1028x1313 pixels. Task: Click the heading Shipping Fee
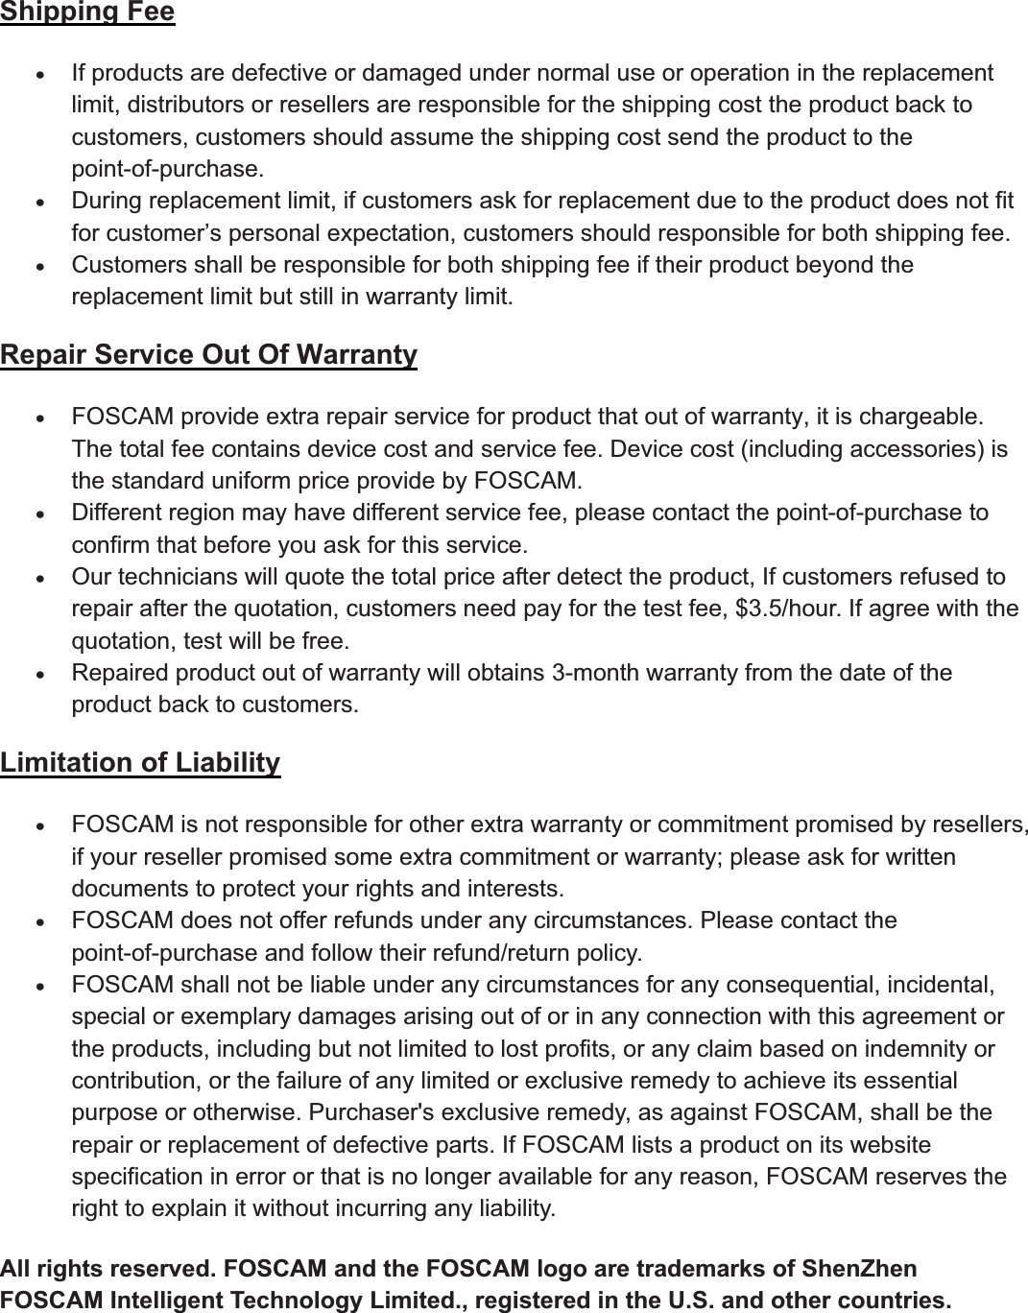click(x=87, y=12)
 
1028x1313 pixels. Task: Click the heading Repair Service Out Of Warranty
click(x=208, y=355)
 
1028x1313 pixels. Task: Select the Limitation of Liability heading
click(x=140, y=763)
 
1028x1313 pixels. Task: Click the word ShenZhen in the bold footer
click(x=871, y=1269)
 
